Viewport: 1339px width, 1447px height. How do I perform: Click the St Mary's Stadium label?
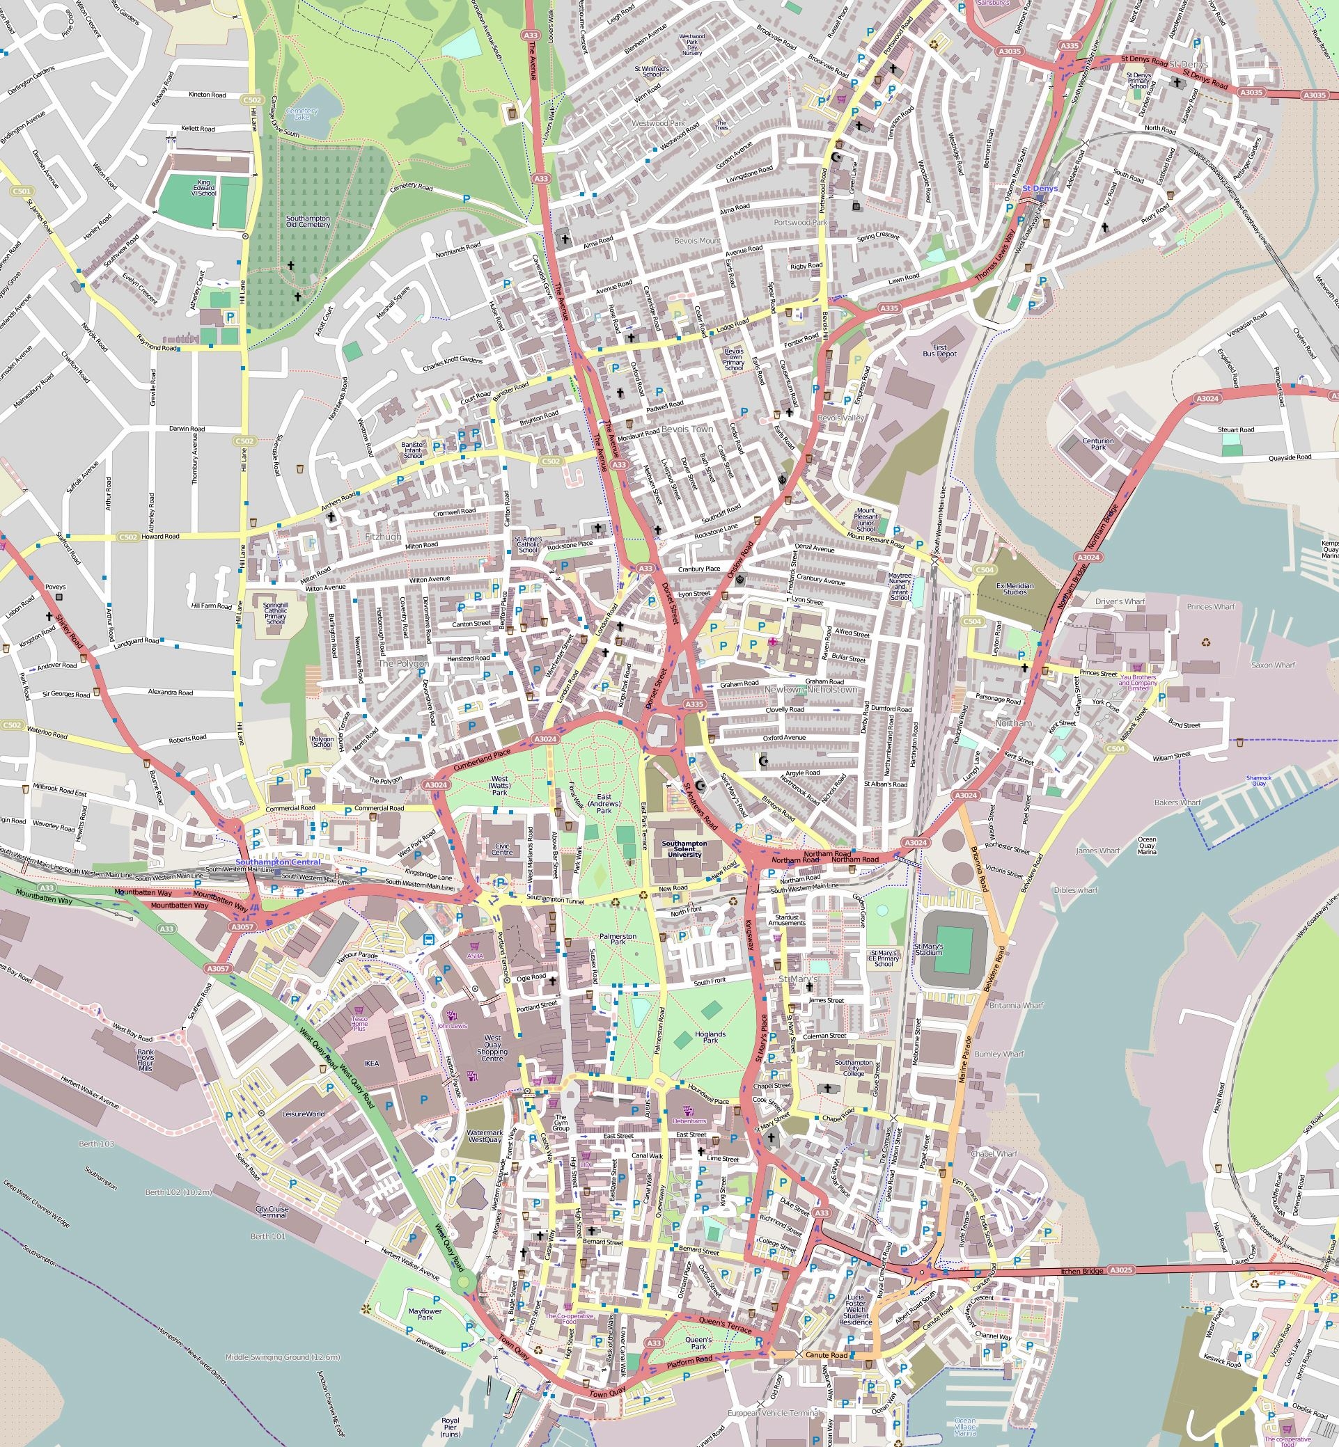[928, 950]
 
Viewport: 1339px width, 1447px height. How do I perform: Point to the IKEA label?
[372, 1064]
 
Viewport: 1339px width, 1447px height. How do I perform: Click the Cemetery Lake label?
[302, 113]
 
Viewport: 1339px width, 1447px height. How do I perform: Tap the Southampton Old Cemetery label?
[308, 221]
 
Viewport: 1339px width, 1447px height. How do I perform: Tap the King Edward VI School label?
[203, 188]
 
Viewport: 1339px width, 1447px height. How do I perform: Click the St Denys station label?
[1040, 189]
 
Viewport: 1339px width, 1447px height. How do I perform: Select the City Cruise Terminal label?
[272, 1212]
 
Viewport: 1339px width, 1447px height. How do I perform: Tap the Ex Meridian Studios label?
[1015, 588]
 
